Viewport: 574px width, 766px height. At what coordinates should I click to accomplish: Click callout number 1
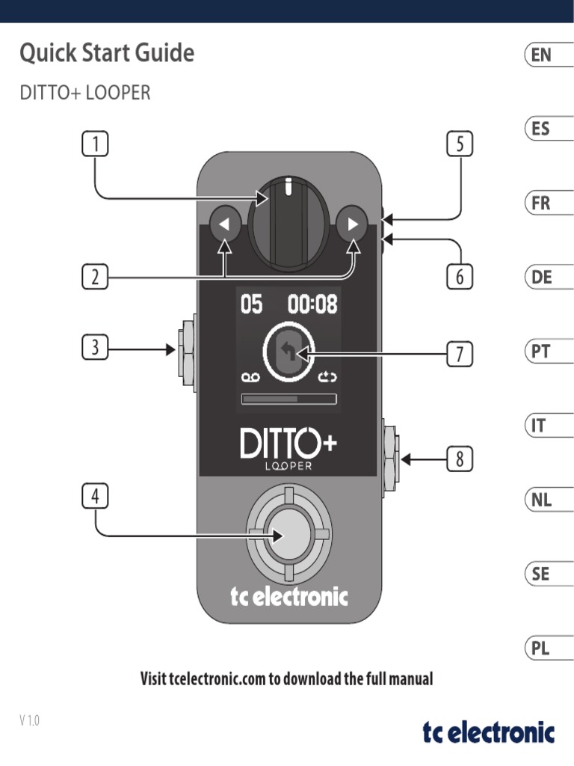[94, 144]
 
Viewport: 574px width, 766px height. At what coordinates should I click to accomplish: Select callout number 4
[94, 496]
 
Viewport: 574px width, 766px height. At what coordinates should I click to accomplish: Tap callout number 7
[460, 353]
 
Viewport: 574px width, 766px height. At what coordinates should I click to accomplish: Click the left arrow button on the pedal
[225, 224]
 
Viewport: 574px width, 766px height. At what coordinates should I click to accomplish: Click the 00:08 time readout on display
[312, 304]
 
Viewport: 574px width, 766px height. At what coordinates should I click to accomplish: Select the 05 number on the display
[251, 304]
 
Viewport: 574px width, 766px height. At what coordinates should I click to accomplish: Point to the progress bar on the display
[288, 399]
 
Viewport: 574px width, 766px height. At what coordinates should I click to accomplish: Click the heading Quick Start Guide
[107, 54]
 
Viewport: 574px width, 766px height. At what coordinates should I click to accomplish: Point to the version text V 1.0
[29, 720]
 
